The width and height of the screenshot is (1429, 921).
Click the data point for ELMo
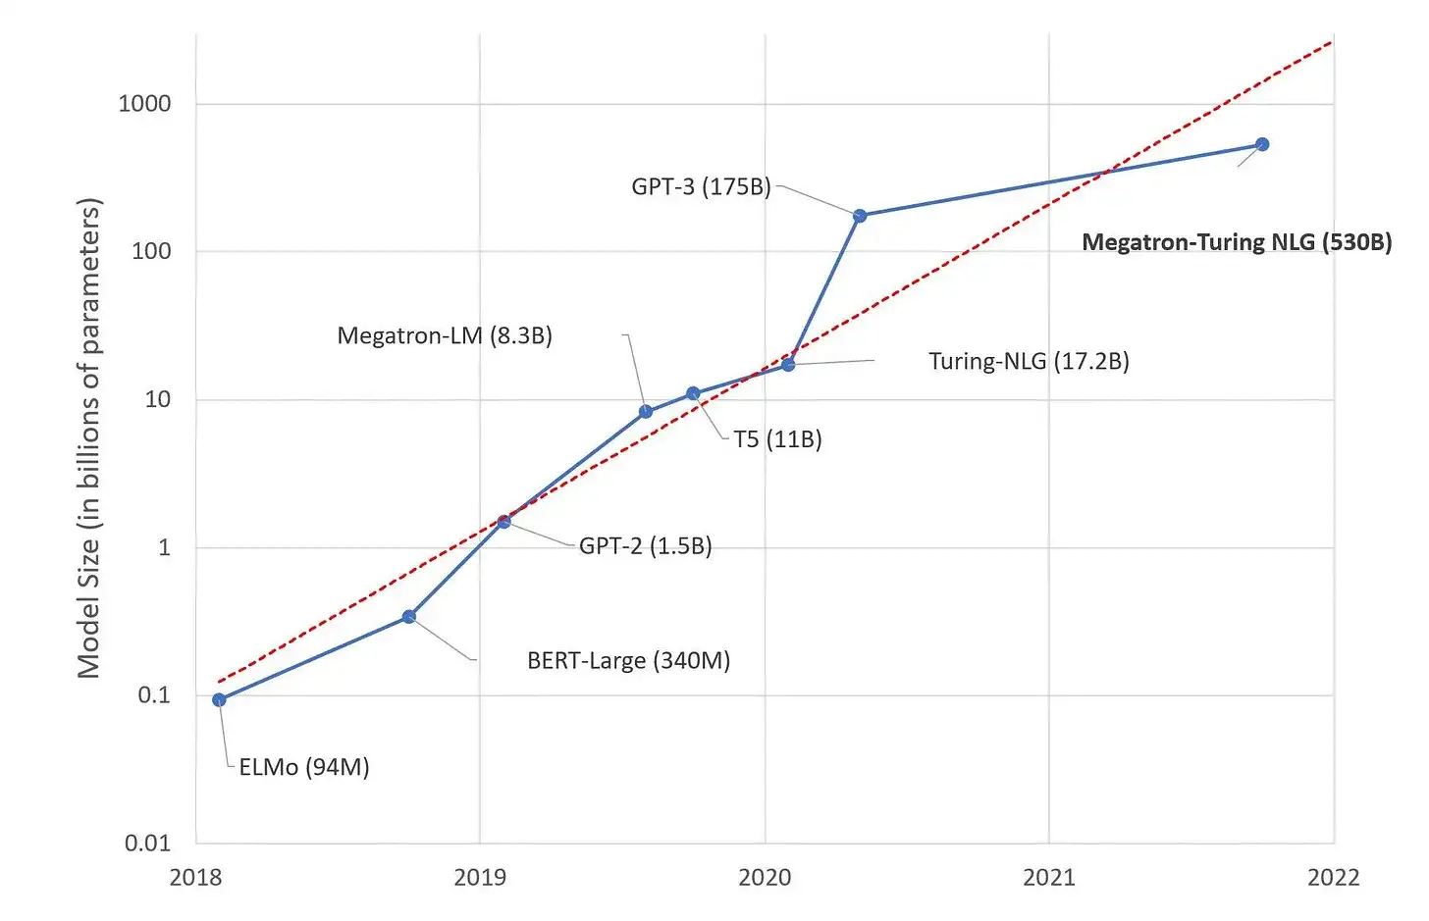(x=219, y=699)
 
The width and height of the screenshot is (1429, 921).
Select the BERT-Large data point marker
(x=409, y=617)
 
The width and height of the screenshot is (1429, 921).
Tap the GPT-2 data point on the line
(x=503, y=522)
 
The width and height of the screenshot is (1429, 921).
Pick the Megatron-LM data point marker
(x=646, y=412)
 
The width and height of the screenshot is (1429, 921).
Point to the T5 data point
(x=693, y=393)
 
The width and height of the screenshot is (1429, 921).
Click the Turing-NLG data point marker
(x=788, y=365)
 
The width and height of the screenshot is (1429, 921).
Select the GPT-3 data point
(x=860, y=216)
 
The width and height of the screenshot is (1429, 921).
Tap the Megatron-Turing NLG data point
(x=1263, y=144)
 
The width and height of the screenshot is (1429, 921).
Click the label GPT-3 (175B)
(x=701, y=186)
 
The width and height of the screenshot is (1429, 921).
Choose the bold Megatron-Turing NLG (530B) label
(x=1237, y=242)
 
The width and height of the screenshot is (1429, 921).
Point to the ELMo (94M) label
(x=304, y=767)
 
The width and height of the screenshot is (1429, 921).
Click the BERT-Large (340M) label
(x=628, y=660)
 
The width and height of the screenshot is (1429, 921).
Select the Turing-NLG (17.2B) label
(x=1029, y=361)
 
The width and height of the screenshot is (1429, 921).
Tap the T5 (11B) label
(x=777, y=439)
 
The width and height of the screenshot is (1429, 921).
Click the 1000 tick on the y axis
(x=144, y=104)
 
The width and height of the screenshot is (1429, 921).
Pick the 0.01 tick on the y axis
(x=147, y=843)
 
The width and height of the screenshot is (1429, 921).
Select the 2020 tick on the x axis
(x=765, y=877)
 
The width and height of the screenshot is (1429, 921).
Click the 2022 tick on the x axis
(x=1333, y=877)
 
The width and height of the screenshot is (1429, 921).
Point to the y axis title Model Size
(x=89, y=437)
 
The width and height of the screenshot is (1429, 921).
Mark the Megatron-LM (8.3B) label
(x=445, y=335)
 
